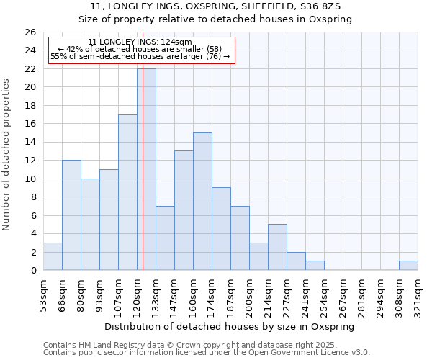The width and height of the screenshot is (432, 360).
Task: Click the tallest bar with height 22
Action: click(x=146, y=169)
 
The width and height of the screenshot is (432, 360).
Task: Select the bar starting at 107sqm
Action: click(x=127, y=192)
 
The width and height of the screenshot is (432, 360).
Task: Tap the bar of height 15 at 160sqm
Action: click(x=202, y=201)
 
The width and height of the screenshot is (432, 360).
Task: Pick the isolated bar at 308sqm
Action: click(x=408, y=266)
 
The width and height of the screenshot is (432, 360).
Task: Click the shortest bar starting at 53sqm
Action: click(x=53, y=256)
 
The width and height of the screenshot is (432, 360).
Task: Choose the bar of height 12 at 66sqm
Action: click(x=71, y=215)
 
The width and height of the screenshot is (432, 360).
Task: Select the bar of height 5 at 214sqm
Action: click(x=277, y=247)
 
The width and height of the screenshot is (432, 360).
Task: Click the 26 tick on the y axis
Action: click(x=30, y=32)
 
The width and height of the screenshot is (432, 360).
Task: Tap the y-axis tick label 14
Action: click(x=30, y=143)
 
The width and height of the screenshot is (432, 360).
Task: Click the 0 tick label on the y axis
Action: click(x=32, y=271)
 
